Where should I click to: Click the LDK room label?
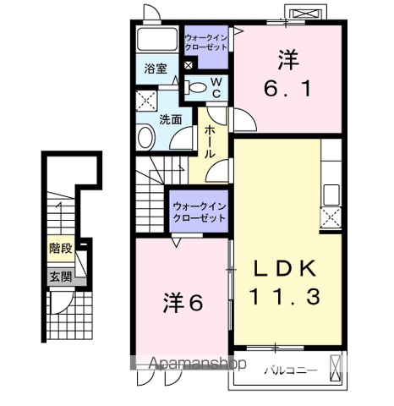point(285,268)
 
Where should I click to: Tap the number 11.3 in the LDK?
point(285,296)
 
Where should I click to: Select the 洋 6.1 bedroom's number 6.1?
point(287,88)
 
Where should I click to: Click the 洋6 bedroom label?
point(183,303)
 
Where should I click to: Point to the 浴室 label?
point(156,69)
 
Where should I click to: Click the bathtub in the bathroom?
point(157,39)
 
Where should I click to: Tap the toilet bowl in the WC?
point(197,87)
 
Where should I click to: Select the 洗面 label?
point(171,119)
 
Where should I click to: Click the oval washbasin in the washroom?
point(145,138)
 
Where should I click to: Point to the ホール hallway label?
point(210,142)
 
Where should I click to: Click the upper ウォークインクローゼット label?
point(206,42)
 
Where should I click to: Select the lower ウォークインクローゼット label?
point(200,212)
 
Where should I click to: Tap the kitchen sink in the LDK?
point(331,195)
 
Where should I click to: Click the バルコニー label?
point(291,370)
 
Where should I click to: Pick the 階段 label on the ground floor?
point(61,249)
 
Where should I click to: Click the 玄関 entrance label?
point(61,277)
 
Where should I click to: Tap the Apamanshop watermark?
point(197,364)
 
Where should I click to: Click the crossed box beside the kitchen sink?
point(331,217)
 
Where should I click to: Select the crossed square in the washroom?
point(146,101)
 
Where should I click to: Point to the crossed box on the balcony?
point(336,368)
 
